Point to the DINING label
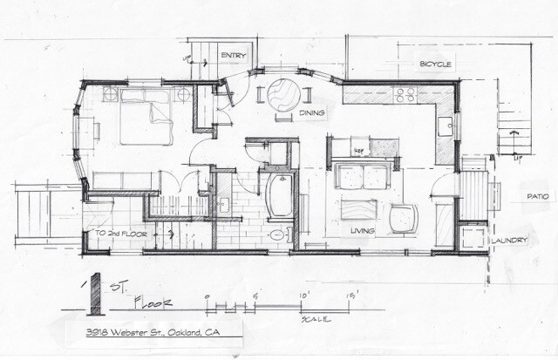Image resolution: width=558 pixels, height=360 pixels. point(311,113)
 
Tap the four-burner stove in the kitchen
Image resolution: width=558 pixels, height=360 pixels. point(407,93)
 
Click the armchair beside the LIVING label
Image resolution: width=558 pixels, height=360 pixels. point(404,218)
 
